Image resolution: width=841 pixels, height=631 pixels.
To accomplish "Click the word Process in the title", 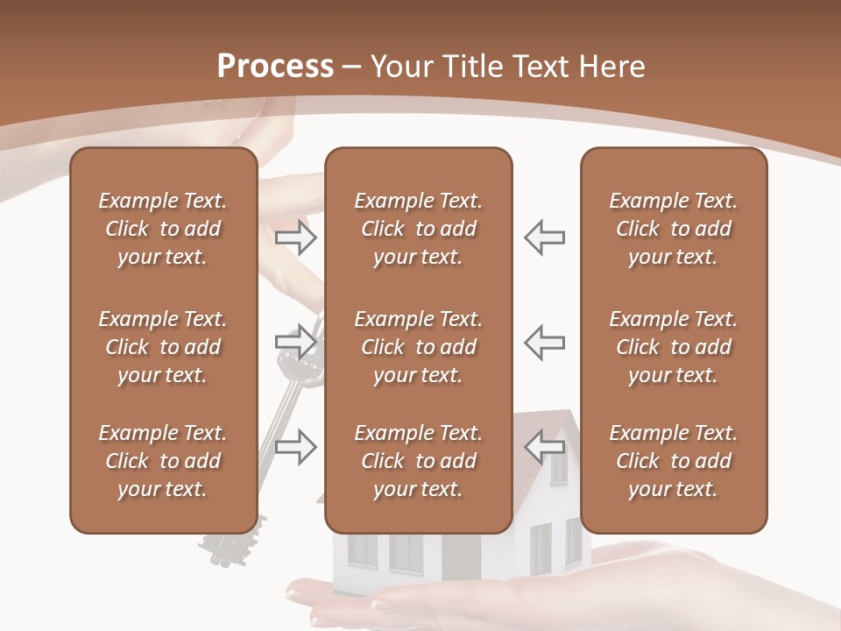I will [275, 66].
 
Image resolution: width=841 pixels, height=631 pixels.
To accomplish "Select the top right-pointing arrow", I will [296, 237].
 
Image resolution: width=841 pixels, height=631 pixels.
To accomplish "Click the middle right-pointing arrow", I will [296, 341].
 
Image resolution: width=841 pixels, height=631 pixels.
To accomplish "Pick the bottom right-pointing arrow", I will [296, 446].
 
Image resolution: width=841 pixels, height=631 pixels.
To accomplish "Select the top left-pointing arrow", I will [544, 237].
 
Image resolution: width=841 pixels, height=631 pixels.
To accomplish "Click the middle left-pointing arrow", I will [544, 341].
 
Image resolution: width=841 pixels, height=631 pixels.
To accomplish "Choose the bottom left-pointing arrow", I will [544, 446].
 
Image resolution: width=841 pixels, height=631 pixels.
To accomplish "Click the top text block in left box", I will [163, 229].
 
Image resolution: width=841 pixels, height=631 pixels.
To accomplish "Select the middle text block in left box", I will [163, 347].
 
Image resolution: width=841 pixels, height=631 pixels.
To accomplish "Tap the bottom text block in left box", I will [163, 461].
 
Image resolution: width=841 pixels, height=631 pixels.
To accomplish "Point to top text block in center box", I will [418, 229].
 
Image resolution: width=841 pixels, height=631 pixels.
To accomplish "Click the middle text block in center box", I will [418, 347].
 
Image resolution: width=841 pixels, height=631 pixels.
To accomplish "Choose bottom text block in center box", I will [418, 461].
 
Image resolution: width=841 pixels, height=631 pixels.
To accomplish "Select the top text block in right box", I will [673, 229].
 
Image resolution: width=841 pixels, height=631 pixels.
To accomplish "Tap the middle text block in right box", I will [673, 347].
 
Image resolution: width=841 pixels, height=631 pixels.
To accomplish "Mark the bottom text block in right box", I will [673, 461].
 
